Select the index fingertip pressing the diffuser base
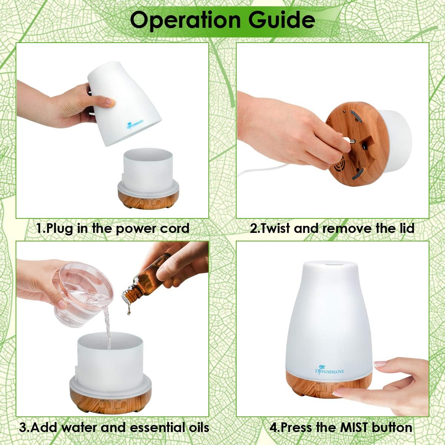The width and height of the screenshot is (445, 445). click(x=337, y=394)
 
